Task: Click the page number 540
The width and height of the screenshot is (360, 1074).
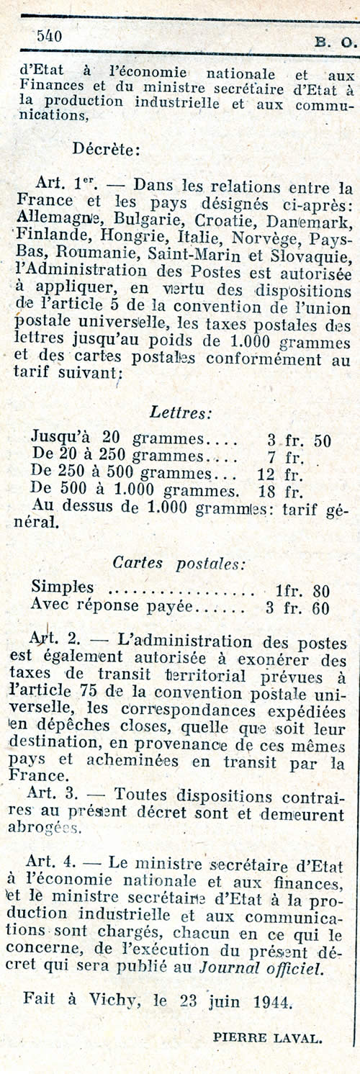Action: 49,35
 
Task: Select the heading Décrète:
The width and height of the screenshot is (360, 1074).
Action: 106,150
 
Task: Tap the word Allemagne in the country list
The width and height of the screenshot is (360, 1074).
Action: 63,217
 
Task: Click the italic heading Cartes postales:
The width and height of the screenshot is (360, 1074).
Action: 179,563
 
